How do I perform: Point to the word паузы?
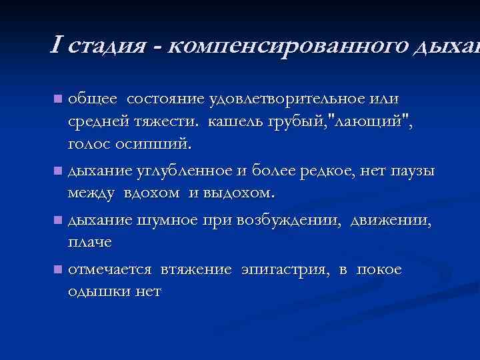click(411, 171)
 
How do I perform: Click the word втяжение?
click(195, 269)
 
